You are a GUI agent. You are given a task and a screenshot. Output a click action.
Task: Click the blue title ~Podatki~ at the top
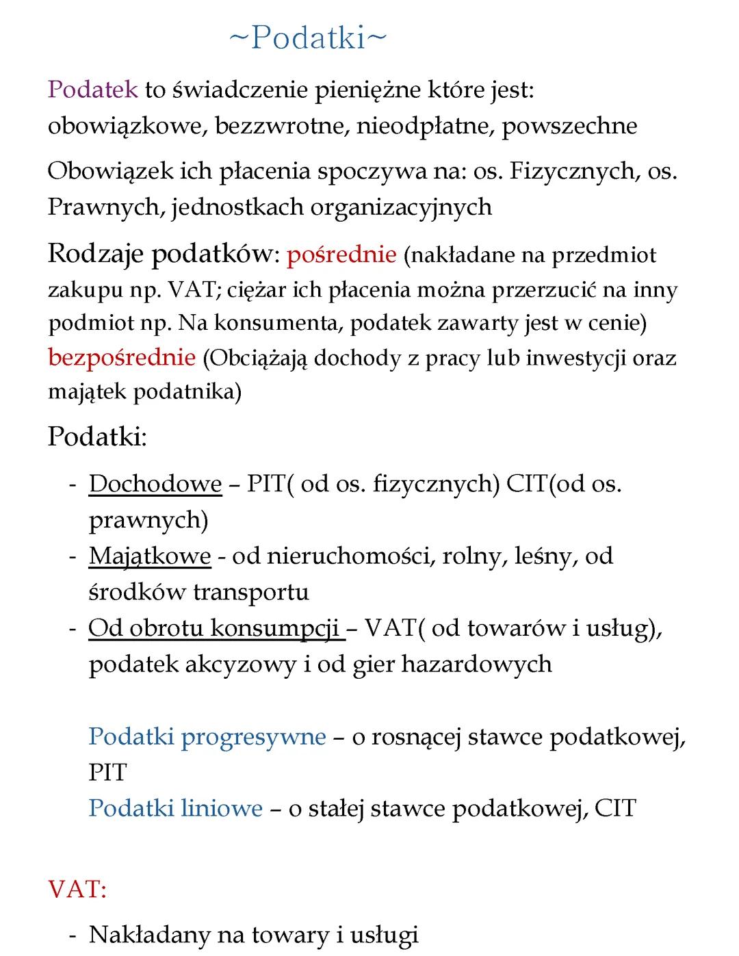pyautogui.click(x=307, y=38)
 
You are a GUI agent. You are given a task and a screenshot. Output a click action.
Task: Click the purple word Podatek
pyautogui.click(x=92, y=90)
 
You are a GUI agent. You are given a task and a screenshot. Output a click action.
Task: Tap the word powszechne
pyautogui.click(x=569, y=126)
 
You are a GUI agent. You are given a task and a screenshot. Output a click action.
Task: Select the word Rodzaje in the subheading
pyautogui.click(x=95, y=255)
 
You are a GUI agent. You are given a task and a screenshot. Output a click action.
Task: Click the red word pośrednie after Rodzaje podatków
pyautogui.click(x=341, y=255)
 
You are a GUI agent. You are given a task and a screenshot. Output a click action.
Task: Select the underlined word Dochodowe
pyautogui.click(x=155, y=484)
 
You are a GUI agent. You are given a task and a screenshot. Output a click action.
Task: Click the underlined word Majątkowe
pyautogui.click(x=150, y=556)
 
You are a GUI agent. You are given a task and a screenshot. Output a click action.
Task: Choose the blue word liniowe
pyautogui.click(x=222, y=808)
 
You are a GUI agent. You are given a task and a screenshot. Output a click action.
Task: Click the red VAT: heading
pyautogui.click(x=77, y=890)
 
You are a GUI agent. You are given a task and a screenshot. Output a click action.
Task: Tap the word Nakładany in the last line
pyautogui.click(x=149, y=934)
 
